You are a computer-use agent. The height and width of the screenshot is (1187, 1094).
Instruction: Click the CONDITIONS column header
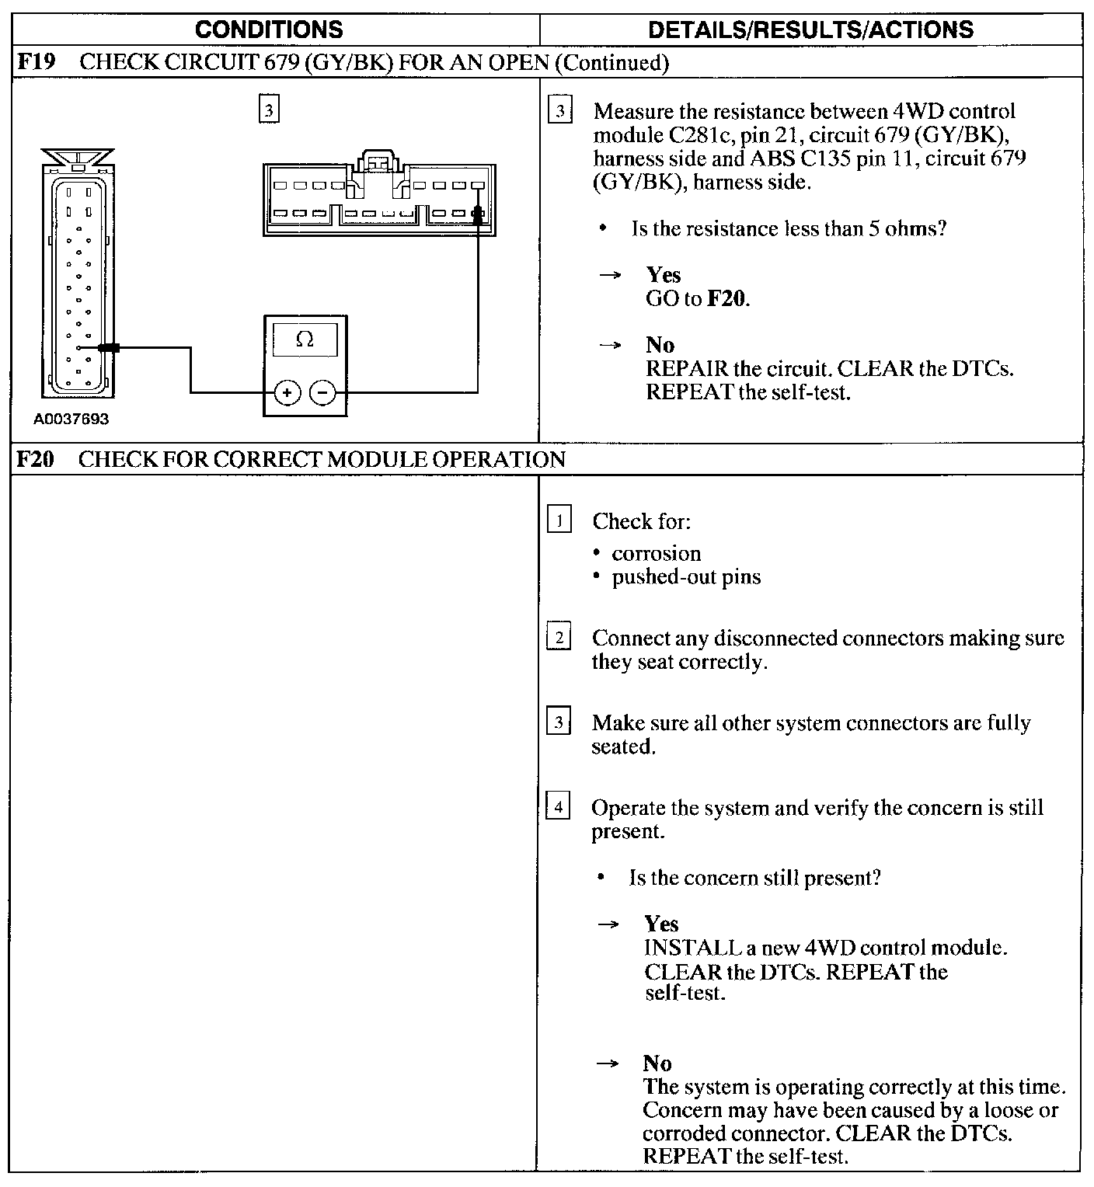269,30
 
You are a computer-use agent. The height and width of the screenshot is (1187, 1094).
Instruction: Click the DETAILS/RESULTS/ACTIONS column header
810,30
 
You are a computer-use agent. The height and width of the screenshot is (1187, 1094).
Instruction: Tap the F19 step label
37,62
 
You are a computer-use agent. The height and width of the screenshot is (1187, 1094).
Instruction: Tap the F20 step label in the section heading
36,459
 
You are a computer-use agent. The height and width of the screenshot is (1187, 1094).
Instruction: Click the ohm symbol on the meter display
305,339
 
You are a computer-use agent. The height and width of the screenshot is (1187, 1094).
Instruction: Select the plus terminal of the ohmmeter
287,393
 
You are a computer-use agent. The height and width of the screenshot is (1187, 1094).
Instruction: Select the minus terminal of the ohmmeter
323,393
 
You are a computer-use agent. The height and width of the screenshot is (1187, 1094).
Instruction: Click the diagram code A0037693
71,419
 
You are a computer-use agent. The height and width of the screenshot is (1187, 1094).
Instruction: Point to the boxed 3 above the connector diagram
268,110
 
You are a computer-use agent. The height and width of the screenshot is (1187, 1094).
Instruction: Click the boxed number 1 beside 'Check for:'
559,519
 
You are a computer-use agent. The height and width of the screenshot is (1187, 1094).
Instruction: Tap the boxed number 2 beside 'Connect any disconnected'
558,636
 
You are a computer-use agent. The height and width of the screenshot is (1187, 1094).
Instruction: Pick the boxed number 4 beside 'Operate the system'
558,806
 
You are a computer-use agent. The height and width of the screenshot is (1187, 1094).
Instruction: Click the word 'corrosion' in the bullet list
656,553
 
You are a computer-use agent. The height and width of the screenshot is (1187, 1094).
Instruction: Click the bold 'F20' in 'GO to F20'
727,298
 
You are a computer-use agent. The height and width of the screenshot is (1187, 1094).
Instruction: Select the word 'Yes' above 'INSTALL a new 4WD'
661,924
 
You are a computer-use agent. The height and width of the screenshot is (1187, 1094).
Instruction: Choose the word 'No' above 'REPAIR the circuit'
660,345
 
